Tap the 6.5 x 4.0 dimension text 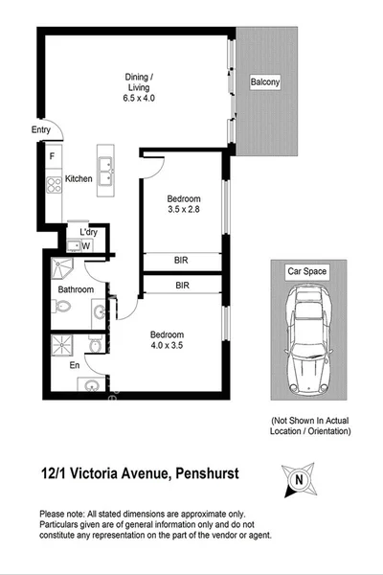click(140, 98)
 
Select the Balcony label click(265, 82)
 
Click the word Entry click(40, 130)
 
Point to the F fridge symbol click(52, 155)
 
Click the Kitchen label click(79, 179)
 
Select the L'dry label click(88, 232)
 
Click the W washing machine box click(86, 246)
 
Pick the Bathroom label click(76, 289)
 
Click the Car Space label click(307, 271)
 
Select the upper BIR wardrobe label click(181, 260)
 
